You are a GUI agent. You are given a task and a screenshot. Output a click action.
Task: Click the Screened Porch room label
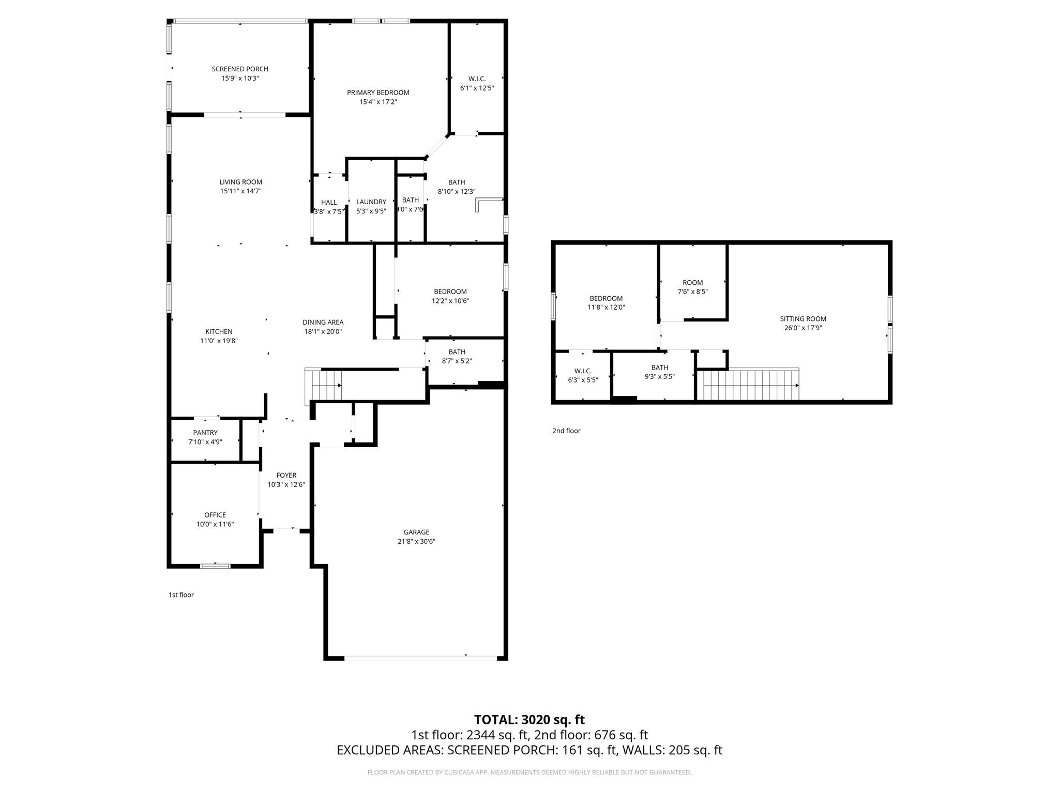tap(240, 69)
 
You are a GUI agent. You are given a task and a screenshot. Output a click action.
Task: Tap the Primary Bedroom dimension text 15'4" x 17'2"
tap(378, 102)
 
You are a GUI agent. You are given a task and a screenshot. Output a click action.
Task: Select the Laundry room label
tap(371, 202)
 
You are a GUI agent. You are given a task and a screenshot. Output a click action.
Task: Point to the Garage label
tap(416, 532)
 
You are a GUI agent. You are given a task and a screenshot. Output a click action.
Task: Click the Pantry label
tap(205, 433)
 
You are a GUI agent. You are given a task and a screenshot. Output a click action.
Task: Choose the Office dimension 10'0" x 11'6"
tap(215, 524)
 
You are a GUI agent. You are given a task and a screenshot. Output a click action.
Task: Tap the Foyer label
tap(286, 475)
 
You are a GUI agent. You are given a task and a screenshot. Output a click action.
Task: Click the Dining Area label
tap(323, 322)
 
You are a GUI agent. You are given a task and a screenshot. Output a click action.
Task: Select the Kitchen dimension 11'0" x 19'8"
tap(219, 341)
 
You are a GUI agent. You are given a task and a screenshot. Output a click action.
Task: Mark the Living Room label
tap(240, 182)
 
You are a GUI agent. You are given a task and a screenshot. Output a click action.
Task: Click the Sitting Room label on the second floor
tap(803, 319)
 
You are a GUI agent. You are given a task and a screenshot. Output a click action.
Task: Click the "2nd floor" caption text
tap(566, 431)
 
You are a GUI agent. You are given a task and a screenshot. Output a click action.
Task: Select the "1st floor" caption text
tap(181, 595)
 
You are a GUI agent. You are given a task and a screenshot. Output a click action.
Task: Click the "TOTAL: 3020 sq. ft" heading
tap(529, 720)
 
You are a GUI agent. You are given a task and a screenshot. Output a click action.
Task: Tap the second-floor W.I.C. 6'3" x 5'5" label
tap(583, 375)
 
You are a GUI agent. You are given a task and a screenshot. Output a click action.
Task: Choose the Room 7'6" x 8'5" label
tap(692, 287)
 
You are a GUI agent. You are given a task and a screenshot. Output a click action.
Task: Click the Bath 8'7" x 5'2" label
tap(457, 357)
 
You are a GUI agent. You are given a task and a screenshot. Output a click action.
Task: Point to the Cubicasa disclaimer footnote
tap(529, 772)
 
